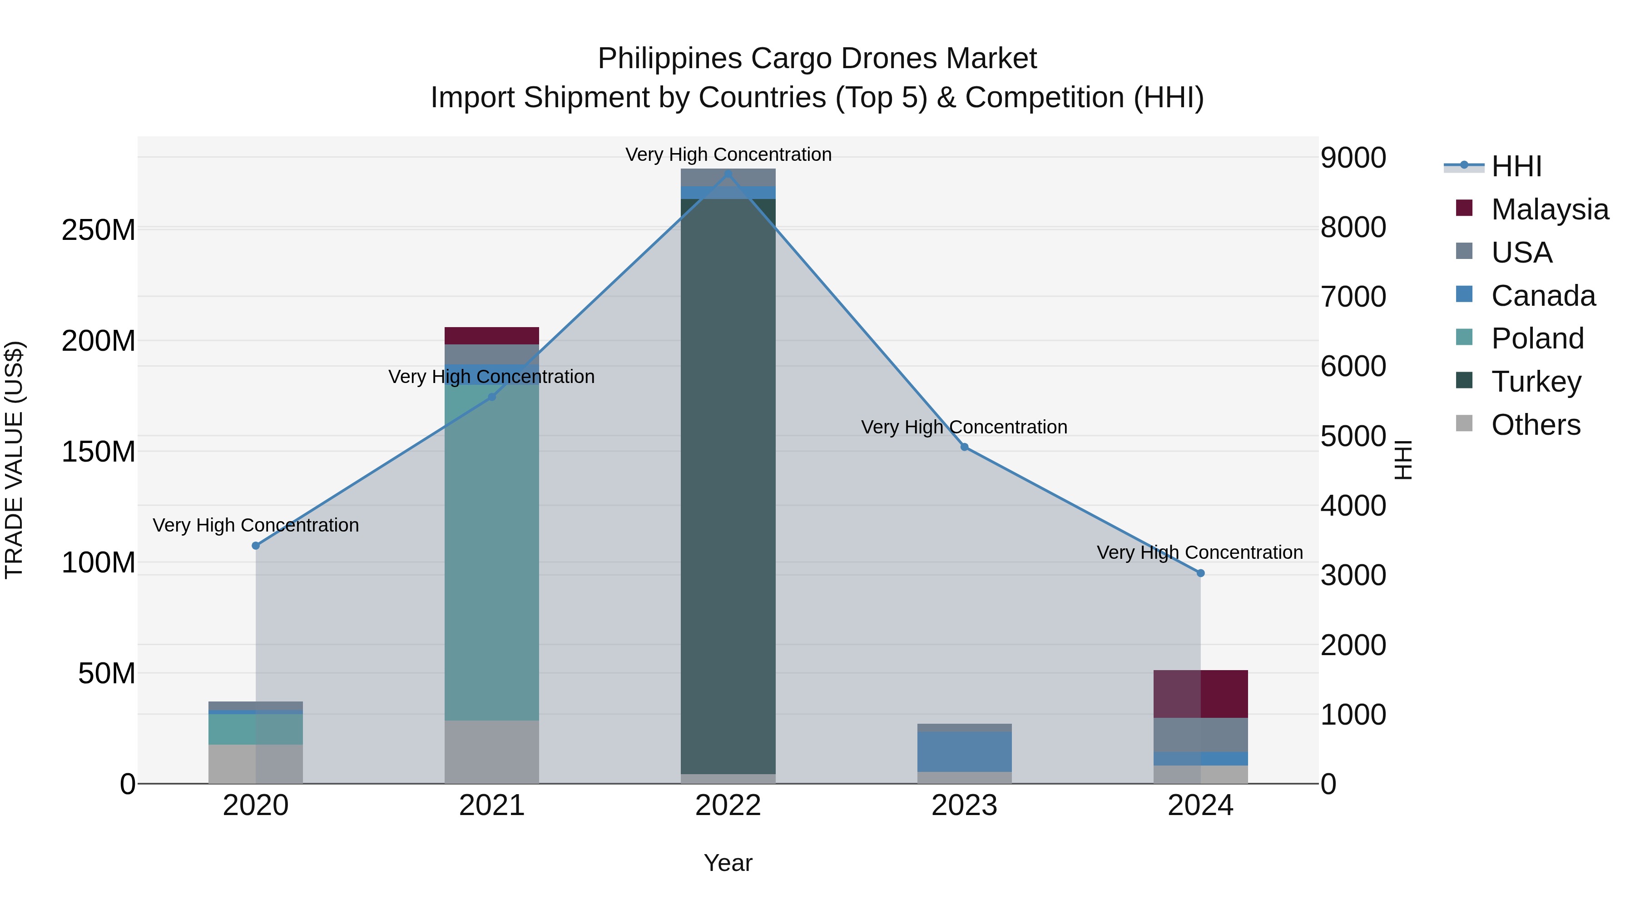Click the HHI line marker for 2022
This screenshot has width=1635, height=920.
click(x=728, y=174)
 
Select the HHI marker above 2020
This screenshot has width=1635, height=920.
click(x=256, y=545)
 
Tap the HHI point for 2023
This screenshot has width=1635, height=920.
click(x=964, y=447)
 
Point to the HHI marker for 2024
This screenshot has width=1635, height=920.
click(x=1200, y=573)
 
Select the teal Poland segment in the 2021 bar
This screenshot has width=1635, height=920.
click(x=492, y=552)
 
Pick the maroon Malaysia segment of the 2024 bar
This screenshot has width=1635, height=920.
click(x=1200, y=693)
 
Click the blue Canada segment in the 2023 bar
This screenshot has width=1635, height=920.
click(x=964, y=752)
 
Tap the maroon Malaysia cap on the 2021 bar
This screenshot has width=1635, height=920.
click(x=492, y=335)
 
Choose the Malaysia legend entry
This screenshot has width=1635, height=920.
click(x=1549, y=209)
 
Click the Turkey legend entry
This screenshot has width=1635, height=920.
click(x=1536, y=382)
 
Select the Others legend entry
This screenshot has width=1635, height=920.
click(x=1536, y=425)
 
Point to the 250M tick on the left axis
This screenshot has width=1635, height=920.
click(x=99, y=230)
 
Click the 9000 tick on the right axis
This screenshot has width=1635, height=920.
click(x=1353, y=158)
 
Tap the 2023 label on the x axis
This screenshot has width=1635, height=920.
click(x=964, y=806)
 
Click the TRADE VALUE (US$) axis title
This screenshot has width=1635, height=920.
click(x=14, y=460)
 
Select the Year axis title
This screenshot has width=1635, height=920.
click(x=728, y=863)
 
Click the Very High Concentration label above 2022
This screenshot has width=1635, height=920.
click(x=728, y=154)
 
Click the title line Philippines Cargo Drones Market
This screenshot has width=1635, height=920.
click(x=817, y=59)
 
